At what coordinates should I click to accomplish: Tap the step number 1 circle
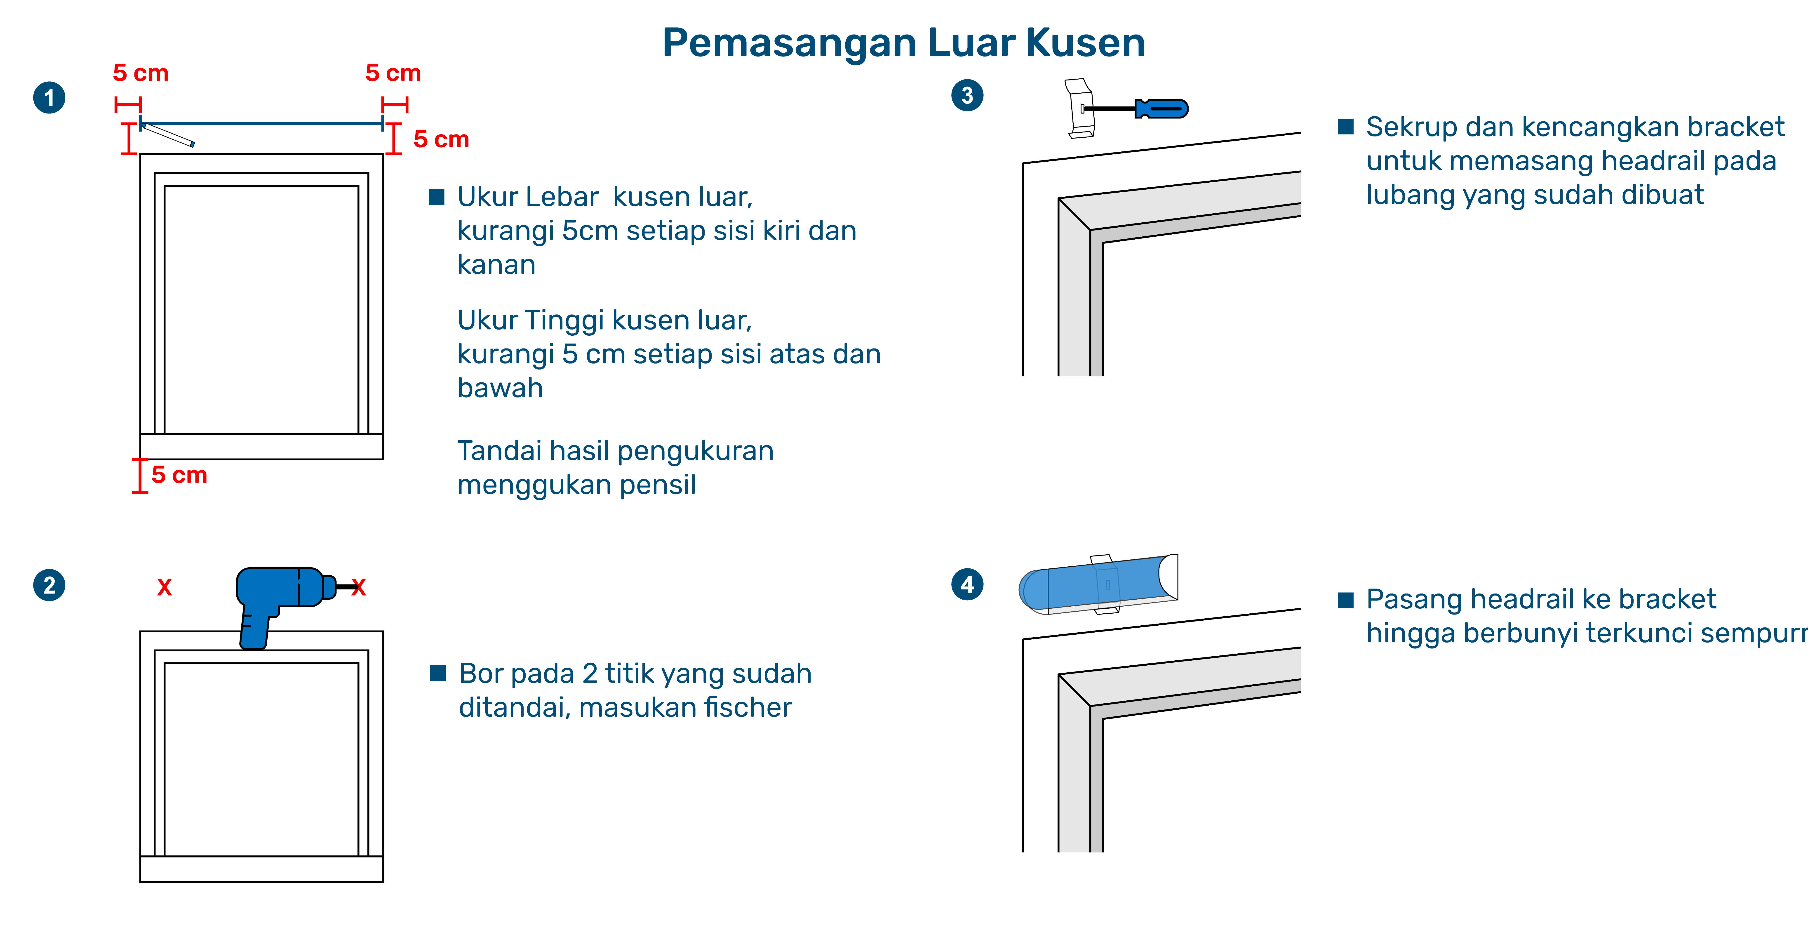pos(49,98)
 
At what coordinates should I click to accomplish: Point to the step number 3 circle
pos(967,95)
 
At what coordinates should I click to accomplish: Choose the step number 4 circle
pos(967,584)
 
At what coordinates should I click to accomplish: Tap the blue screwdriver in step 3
pos(1161,109)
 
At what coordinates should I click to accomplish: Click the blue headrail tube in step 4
pos(1095,584)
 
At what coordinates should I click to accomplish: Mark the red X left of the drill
pos(164,587)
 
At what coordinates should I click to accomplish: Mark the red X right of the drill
pos(359,587)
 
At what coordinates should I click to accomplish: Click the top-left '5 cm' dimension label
pos(141,73)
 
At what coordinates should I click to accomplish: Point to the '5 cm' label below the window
pos(180,475)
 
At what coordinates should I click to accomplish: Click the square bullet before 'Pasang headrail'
pos(1345,599)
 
